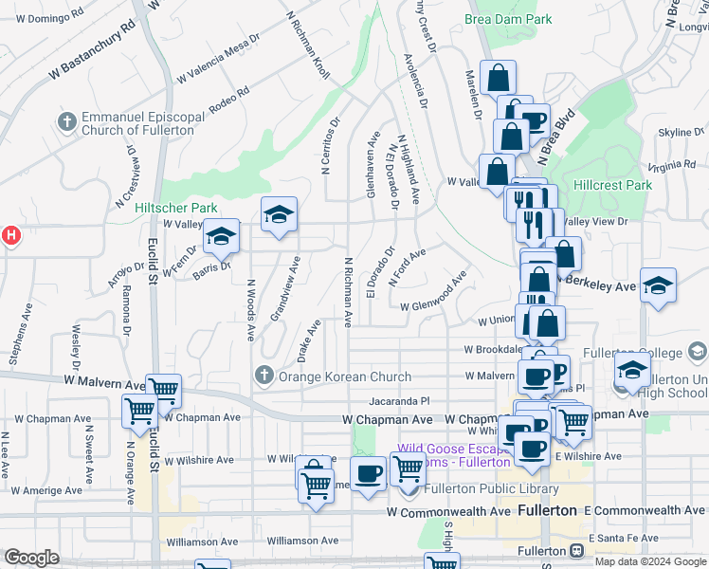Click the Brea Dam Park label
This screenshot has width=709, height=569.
(x=507, y=19)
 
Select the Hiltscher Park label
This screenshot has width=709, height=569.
(x=175, y=208)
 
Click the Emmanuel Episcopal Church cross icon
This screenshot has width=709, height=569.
(x=66, y=121)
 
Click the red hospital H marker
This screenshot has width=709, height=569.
(x=9, y=235)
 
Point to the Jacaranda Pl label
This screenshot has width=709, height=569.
(x=400, y=401)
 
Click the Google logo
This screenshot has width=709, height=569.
(x=31, y=559)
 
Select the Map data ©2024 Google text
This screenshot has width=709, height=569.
(x=649, y=561)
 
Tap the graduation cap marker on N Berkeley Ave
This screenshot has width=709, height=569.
(x=658, y=285)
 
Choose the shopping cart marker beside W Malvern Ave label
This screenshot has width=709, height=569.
(x=164, y=388)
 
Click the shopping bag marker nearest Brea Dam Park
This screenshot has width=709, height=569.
(x=497, y=77)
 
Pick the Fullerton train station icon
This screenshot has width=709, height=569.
(x=575, y=550)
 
